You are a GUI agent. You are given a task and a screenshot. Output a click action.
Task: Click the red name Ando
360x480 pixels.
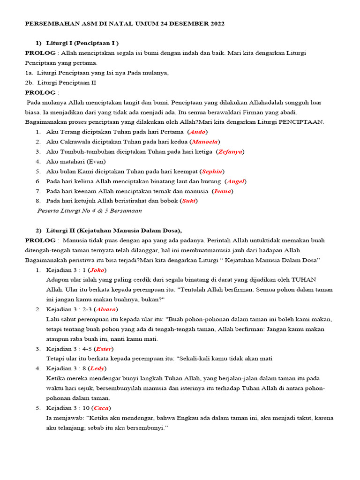[197, 132]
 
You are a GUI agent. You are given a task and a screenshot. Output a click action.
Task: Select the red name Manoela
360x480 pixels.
[204, 142]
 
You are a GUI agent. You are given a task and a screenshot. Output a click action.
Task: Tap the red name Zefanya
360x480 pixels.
[231, 152]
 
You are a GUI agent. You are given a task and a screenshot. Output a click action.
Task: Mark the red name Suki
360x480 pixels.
[189, 201]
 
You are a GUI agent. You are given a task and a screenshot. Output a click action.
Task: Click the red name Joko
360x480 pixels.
[97, 270]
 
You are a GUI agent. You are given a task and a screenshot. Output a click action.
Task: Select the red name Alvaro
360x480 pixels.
[105, 309]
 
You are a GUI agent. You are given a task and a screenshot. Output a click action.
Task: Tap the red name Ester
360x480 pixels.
[104, 349]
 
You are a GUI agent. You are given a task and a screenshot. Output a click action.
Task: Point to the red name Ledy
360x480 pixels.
[97, 368]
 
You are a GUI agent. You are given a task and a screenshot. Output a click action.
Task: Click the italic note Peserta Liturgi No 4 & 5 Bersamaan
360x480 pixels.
[89, 211]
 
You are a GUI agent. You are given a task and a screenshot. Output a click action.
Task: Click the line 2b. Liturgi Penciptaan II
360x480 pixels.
[60, 83]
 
